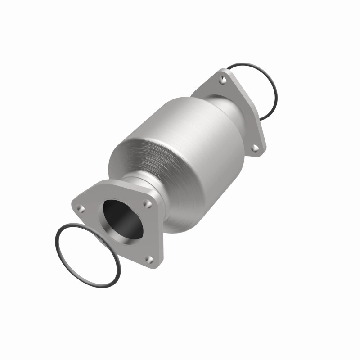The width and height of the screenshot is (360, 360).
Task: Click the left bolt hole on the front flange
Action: click(81, 208)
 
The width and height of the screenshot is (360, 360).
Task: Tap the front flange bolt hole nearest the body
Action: click(146, 203)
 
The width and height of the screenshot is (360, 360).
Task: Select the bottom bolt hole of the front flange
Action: click(150, 259)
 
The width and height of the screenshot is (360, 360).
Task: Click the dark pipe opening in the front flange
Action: click(121, 218)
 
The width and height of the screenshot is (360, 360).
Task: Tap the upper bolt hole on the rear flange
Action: click(222, 81)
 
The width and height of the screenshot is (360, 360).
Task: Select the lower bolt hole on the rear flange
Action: click(254, 148)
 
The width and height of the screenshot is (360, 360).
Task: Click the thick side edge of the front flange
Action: click(160, 234)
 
